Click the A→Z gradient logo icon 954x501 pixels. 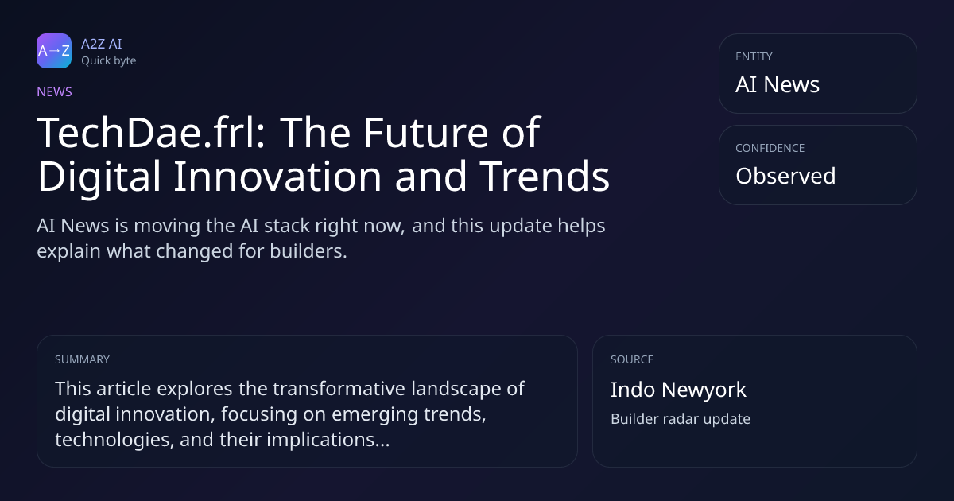click(54, 51)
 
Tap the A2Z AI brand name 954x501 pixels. click(102, 44)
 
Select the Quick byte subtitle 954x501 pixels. click(109, 61)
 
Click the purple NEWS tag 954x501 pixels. click(55, 91)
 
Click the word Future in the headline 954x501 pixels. click(425, 133)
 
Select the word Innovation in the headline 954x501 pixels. click(277, 176)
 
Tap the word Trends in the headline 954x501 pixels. click(545, 176)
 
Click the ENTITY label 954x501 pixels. click(754, 56)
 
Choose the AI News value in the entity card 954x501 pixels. click(778, 84)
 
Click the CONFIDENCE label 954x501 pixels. click(770, 148)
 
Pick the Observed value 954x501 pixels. click(785, 176)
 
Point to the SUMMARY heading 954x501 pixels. click(82, 359)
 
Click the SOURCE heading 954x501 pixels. click(632, 359)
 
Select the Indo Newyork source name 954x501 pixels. click(678, 390)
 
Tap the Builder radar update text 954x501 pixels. click(681, 419)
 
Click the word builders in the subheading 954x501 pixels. click(308, 251)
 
